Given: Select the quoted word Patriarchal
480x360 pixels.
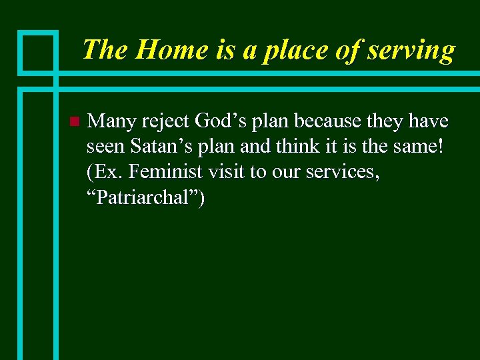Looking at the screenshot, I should (145, 197).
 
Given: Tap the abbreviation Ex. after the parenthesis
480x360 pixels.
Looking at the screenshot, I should (107, 172).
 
